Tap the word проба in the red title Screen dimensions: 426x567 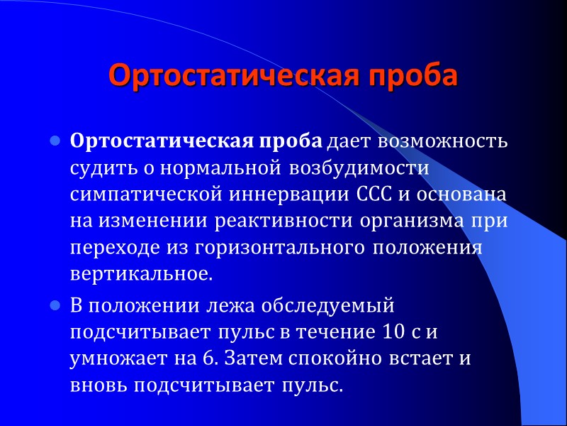(414, 75)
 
